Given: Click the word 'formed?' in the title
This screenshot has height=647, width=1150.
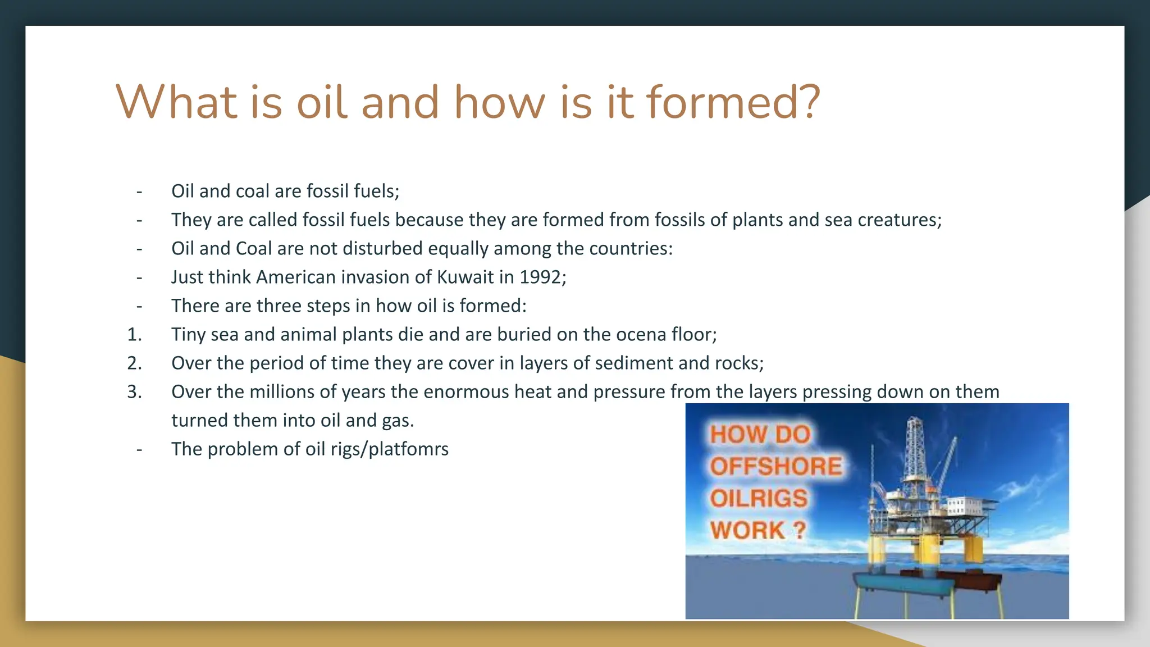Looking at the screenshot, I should (x=733, y=102).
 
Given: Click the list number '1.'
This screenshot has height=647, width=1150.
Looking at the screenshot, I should (x=134, y=335).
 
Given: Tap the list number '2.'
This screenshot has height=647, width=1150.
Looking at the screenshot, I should (x=134, y=363).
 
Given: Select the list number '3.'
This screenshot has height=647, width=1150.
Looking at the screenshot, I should (x=134, y=392).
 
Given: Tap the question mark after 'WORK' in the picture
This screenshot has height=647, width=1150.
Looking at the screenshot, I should (x=800, y=530).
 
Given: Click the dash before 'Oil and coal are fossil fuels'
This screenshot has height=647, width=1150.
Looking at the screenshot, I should (x=139, y=192).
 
